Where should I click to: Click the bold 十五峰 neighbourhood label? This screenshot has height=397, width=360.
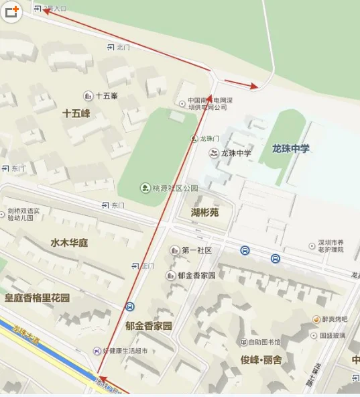coord(76,113)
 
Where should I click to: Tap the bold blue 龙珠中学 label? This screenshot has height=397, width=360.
coord(291,148)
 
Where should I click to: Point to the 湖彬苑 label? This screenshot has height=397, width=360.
coord(204,213)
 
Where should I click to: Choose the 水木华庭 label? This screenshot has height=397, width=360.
coord(69,241)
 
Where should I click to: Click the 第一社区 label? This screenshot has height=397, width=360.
coord(196,250)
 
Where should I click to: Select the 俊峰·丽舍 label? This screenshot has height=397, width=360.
coord(261,359)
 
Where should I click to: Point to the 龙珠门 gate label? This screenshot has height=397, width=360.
coord(209,138)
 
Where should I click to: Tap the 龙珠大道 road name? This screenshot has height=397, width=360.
coord(27,333)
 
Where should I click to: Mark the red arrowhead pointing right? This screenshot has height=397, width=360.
coord(253,86)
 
